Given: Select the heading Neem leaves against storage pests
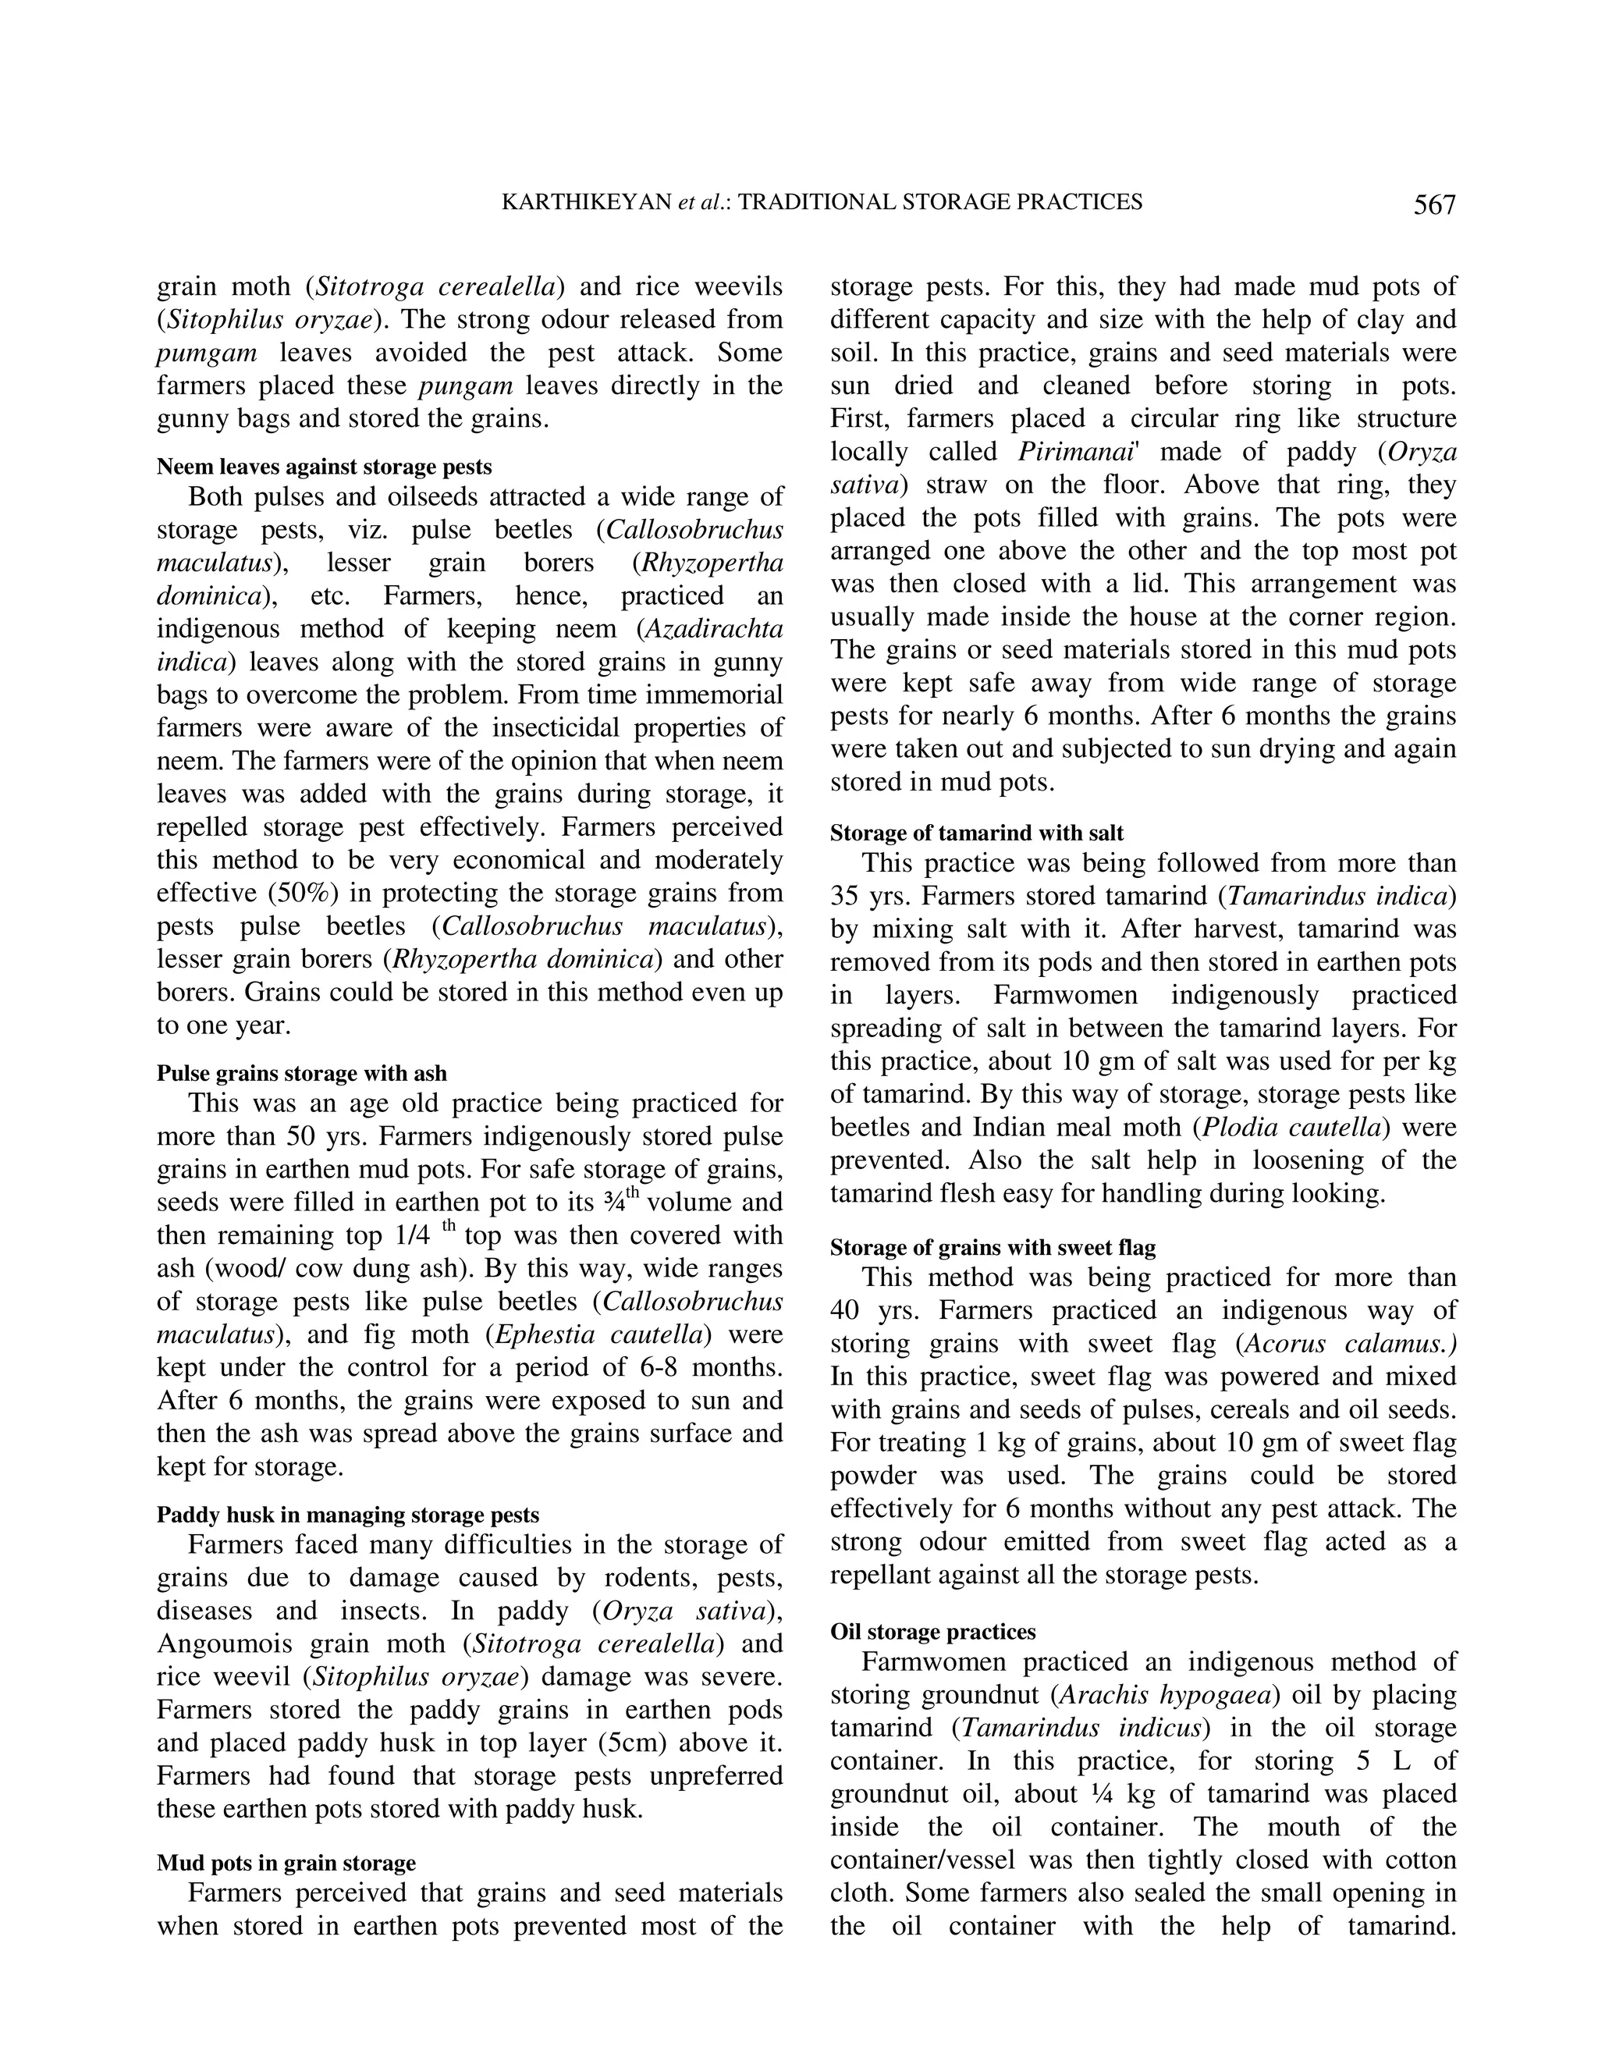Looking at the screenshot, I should click(x=324, y=467).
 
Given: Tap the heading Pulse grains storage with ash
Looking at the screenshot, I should click(x=301, y=1073).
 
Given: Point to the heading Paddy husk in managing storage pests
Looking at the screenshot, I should click(x=347, y=1514).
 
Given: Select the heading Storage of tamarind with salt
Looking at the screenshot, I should click(x=976, y=833).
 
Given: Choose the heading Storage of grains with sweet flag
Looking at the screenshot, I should click(x=993, y=1247).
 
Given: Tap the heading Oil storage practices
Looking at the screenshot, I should click(x=932, y=1632).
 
